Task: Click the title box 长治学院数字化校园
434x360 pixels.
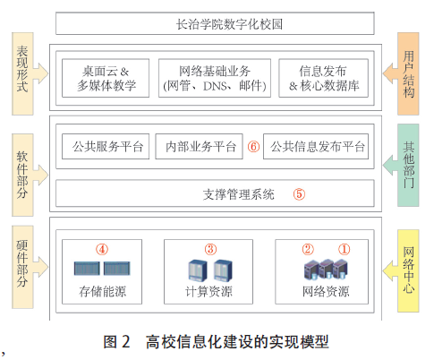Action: (x=215, y=23)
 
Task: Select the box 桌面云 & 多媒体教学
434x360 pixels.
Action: (x=106, y=78)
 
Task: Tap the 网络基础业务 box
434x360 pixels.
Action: (x=215, y=78)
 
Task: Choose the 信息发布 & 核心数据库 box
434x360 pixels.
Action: (x=323, y=78)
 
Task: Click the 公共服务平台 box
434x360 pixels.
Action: (x=106, y=146)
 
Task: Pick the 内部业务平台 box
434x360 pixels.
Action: (x=199, y=146)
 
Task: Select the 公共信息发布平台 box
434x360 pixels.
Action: (x=316, y=146)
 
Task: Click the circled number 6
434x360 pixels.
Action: (x=253, y=147)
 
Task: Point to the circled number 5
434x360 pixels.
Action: (x=299, y=194)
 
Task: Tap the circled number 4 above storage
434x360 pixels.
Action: (x=102, y=249)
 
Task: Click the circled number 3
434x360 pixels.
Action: (x=210, y=249)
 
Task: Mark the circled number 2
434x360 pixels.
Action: (x=308, y=249)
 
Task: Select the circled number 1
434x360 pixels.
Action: (x=344, y=249)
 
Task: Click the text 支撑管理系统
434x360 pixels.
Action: (x=238, y=194)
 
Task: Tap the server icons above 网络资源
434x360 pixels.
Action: (x=326, y=270)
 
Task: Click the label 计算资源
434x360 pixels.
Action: (x=208, y=291)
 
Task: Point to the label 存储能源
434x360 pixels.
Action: (x=102, y=291)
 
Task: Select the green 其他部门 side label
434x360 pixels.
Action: (x=408, y=165)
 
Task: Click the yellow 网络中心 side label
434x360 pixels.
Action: (x=408, y=270)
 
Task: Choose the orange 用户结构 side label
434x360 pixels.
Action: (x=408, y=73)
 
